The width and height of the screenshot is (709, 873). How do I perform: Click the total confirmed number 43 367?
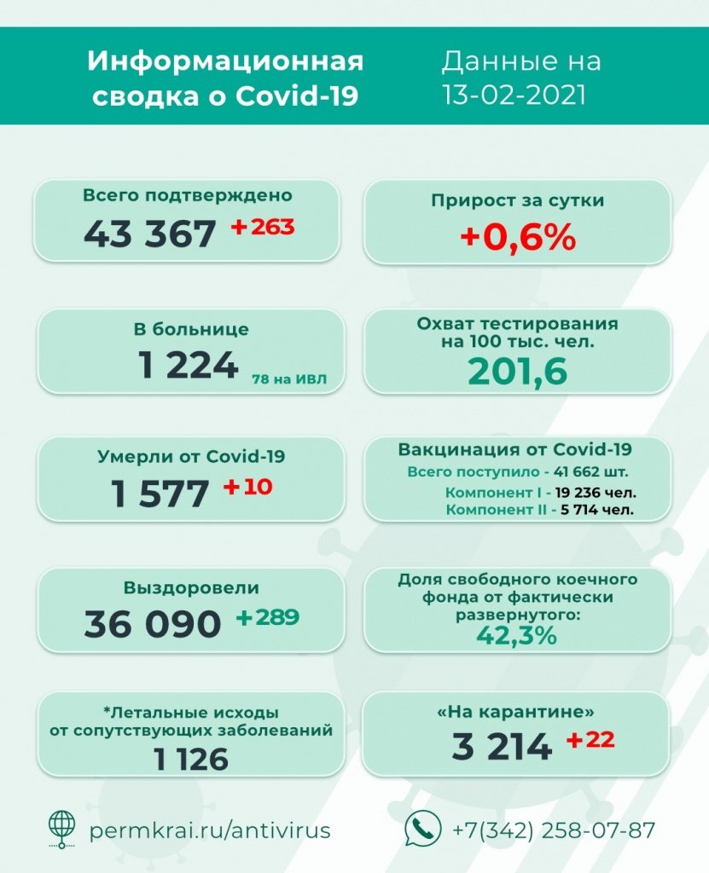149,233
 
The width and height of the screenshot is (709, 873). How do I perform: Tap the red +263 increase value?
263,227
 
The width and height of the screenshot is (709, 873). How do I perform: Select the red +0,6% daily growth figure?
517,238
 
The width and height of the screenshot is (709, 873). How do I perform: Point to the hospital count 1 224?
189,365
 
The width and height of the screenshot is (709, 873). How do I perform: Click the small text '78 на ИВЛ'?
288,379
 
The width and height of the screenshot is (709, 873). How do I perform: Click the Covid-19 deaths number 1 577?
160,494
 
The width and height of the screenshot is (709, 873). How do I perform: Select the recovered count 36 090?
153,624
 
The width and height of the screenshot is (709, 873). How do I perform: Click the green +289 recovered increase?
268,617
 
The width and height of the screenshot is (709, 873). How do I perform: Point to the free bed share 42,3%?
517,636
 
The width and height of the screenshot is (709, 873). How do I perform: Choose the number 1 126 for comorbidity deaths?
191,758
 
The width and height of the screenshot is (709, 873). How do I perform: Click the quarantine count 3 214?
502,748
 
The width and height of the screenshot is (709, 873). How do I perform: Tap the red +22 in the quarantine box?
590,740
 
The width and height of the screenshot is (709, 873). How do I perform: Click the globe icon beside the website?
61,828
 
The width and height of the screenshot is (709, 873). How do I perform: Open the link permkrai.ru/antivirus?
210,830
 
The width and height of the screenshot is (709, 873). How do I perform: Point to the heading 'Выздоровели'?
191,588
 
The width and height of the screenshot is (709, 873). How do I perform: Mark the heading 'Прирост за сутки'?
517,201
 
